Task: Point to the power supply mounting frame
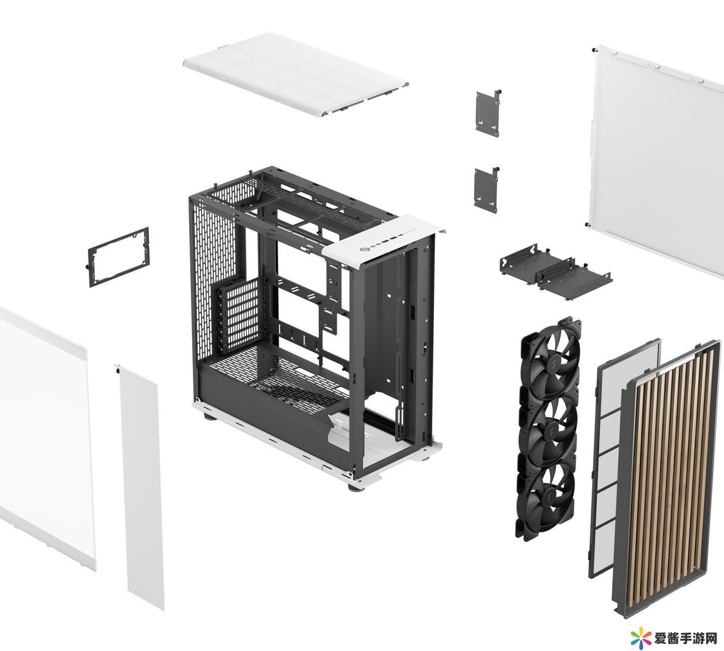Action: pos(118,257)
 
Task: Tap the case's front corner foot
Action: pos(355,486)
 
